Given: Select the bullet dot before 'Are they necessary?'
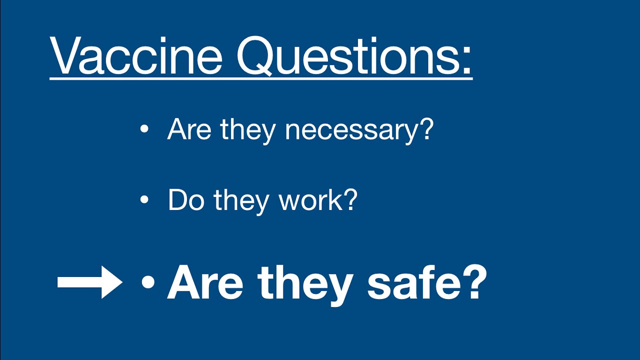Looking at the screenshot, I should click(144, 129).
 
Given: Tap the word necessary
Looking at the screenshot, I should click(348, 131).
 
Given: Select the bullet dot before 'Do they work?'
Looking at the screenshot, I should click(144, 200).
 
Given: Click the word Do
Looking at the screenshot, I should click(185, 199).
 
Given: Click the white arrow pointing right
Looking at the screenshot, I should click(90, 282).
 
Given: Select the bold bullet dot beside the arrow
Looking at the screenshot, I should click(148, 283).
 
